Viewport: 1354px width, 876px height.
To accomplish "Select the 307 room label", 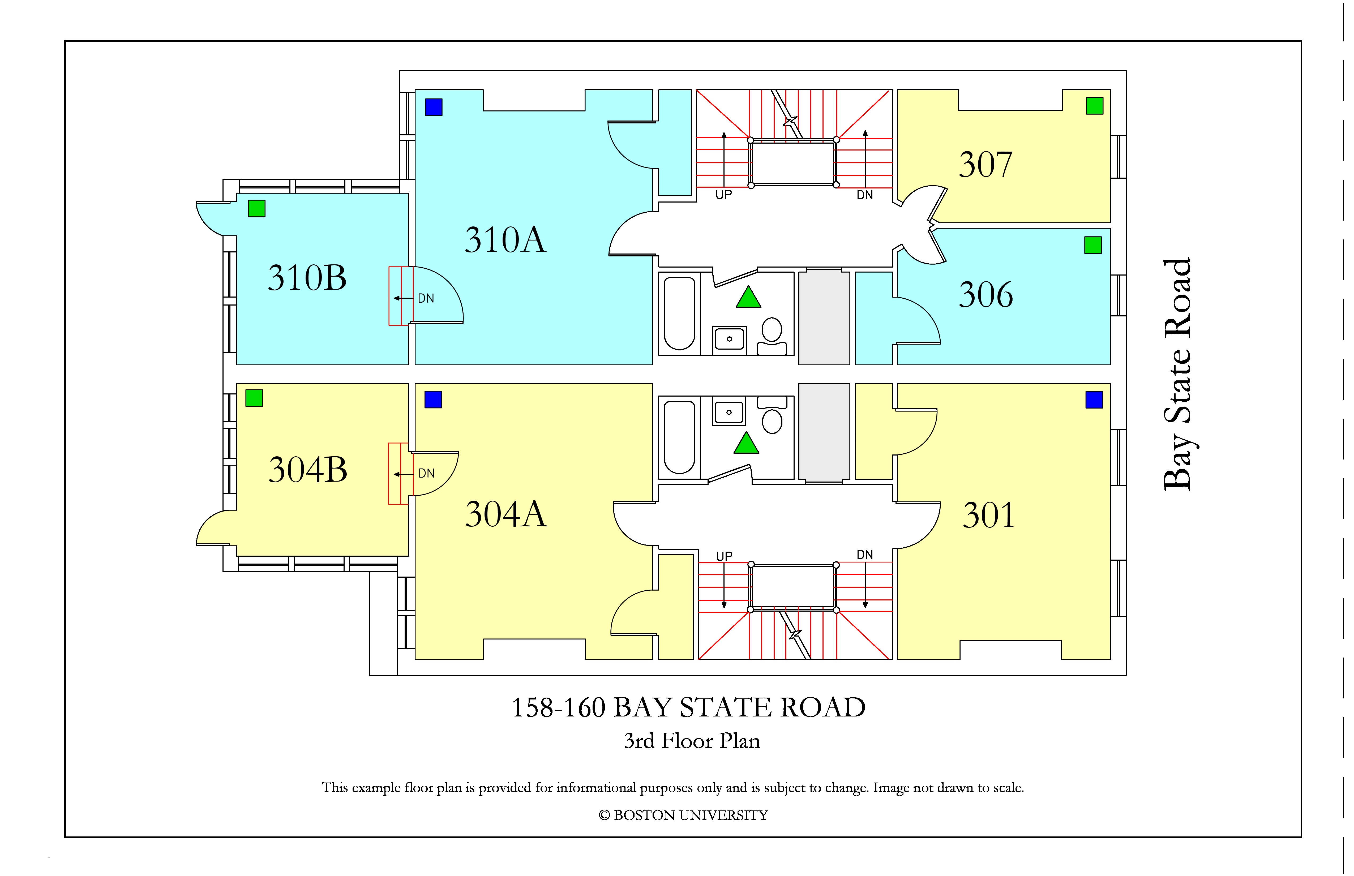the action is tap(986, 164).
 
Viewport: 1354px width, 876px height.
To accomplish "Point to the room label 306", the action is tap(986, 295).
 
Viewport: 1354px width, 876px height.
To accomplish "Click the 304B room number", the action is tap(308, 470).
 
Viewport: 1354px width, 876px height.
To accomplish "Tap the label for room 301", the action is tap(989, 515).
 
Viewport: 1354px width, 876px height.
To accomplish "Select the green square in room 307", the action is tap(1095, 106).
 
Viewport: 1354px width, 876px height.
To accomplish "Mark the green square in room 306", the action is tap(1093, 245).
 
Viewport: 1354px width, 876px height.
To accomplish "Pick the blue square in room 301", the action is tap(1094, 400).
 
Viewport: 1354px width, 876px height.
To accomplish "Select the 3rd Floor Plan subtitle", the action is tap(692, 741).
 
